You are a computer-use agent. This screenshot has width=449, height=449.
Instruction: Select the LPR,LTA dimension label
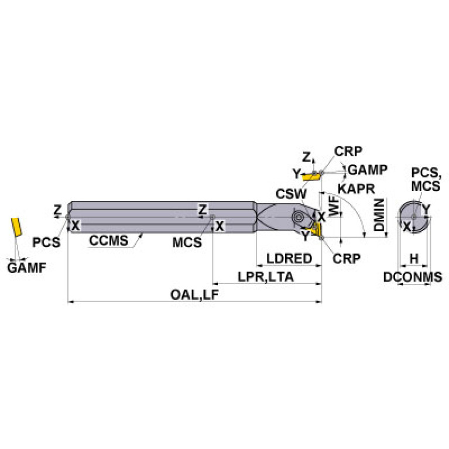tap(266, 277)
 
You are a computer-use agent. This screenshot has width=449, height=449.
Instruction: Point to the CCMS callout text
tap(109, 241)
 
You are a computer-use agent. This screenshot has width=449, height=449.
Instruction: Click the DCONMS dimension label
tap(413, 277)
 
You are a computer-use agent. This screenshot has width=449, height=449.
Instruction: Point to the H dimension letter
tap(414, 258)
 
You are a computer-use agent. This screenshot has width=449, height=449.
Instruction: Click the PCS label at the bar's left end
tap(46, 242)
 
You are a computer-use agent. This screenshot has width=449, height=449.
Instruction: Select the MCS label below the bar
tap(187, 242)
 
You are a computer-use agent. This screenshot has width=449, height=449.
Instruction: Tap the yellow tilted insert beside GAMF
tap(15, 226)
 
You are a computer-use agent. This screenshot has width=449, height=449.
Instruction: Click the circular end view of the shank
tap(413, 218)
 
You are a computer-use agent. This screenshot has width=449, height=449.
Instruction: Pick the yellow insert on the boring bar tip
tap(318, 229)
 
